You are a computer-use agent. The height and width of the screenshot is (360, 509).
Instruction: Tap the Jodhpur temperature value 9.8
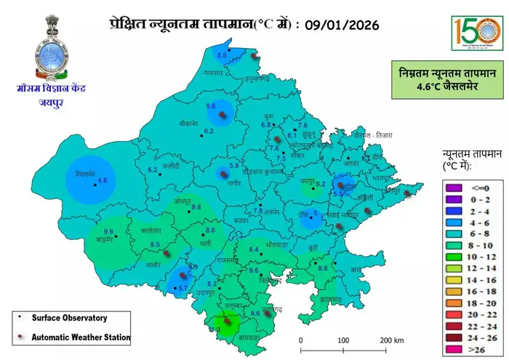point(196,207)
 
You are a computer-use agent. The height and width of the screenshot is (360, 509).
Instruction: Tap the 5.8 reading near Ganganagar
point(223,55)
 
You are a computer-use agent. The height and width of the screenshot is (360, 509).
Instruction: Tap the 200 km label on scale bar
point(391,340)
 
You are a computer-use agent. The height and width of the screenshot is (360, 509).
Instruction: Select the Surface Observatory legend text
point(70,318)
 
